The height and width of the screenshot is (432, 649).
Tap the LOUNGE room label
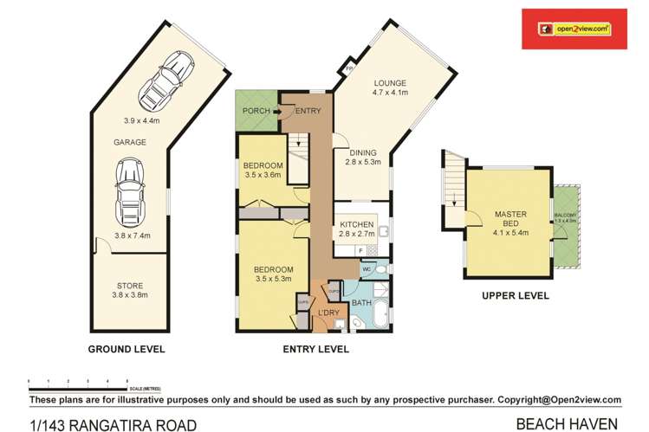click(x=390, y=83)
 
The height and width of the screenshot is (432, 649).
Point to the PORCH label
click(x=256, y=111)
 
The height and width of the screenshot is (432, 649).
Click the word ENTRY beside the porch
click(x=308, y=111)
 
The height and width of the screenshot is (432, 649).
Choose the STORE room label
click(x=132, y=285)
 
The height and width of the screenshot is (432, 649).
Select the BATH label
click(x=360, y=304)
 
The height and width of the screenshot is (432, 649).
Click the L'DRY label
click(x=328, y=312)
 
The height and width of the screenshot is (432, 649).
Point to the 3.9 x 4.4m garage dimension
click(x=141, y=119)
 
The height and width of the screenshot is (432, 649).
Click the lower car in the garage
click(x=131, y=190)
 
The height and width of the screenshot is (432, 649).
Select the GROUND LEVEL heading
click(x=127, y=350)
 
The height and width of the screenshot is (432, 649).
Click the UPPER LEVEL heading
click(x=515, y=295)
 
